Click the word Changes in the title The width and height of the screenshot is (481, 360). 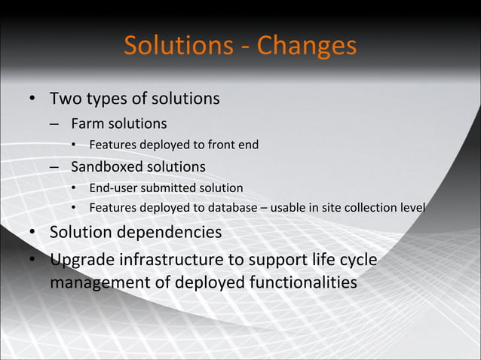coord(306,46)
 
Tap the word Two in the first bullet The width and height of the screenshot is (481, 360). coord(64,99)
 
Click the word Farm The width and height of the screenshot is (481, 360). coord(85,123)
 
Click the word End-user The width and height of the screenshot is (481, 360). coord(114,188)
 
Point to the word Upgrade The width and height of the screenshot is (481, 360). coord(81,261)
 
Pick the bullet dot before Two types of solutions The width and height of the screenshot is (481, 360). coord(33,99)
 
